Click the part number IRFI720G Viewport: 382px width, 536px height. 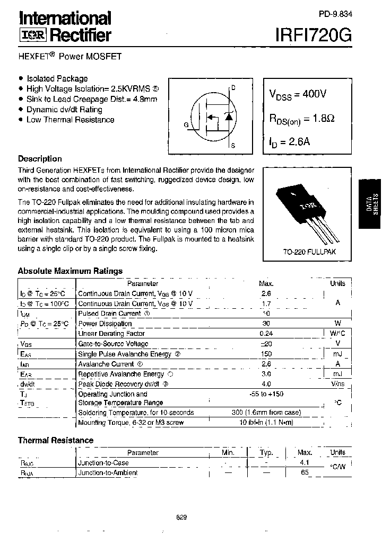[x=312, y=34]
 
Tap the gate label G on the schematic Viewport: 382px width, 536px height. [x=186, y=124]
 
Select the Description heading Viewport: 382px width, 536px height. [x=40, y=158]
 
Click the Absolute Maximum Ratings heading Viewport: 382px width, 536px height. [x=70, y=271]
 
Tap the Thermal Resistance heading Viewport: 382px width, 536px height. [x=56, y=440]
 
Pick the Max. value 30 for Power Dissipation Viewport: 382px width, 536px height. [x=266, y=324]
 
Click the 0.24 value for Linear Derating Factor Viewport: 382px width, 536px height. [x=266, y=334]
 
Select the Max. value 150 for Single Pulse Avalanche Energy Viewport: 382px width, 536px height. [x=266, y=354]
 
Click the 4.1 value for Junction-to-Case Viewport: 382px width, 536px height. [x=305, y=462]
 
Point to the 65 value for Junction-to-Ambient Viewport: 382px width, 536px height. [x=305, y=472]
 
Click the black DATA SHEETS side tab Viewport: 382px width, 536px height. [x=370, y=204]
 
